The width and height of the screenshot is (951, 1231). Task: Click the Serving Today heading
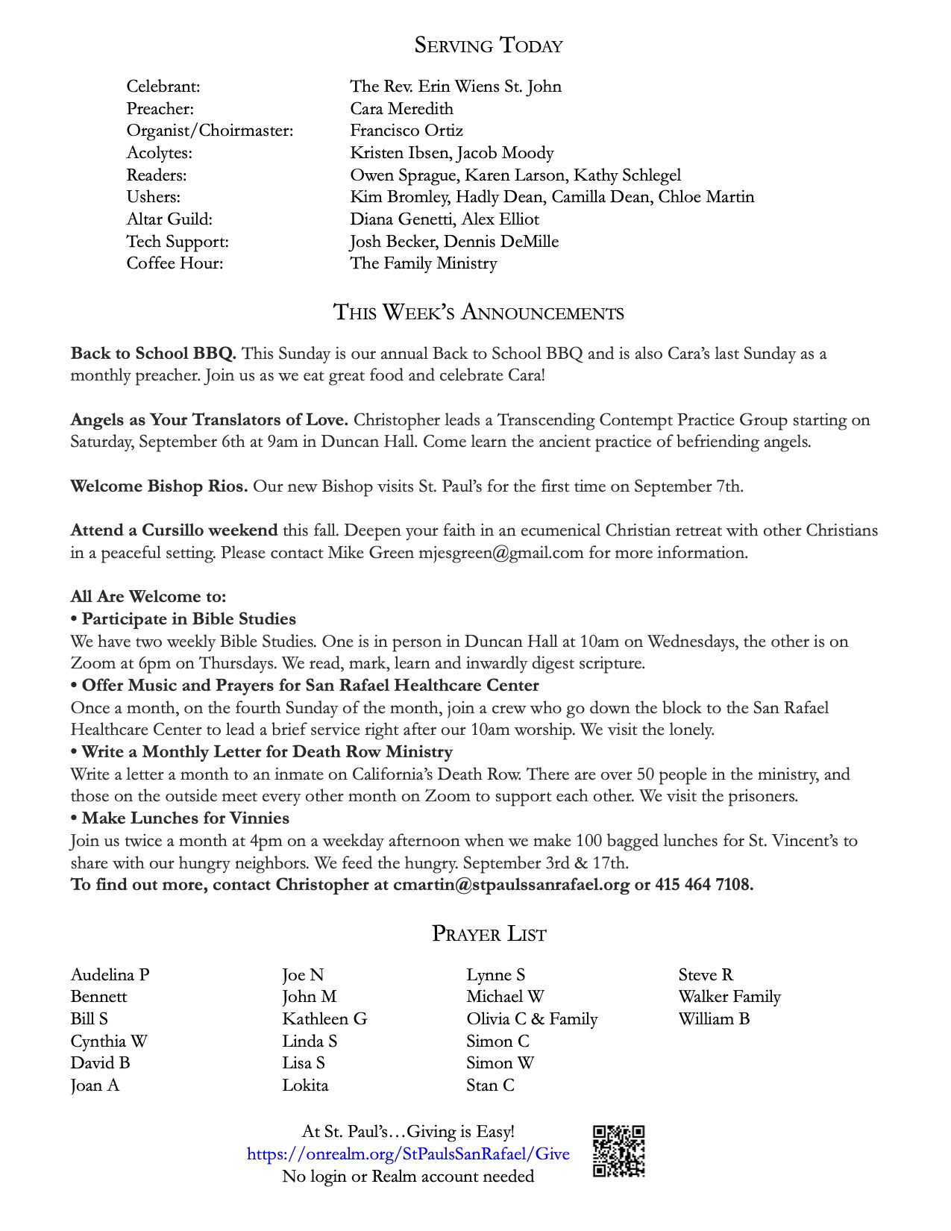489,46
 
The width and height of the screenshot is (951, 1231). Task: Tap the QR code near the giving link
618,1151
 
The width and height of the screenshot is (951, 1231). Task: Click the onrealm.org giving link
408,1154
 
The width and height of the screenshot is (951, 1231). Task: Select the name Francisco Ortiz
407,131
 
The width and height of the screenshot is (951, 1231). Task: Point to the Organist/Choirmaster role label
210,131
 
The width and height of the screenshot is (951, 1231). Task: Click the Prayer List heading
489,934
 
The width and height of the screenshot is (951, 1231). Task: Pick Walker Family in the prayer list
729,997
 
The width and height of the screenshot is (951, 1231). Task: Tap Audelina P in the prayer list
110,974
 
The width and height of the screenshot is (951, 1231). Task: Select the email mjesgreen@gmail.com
500,553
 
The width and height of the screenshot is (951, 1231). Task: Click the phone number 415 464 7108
703,885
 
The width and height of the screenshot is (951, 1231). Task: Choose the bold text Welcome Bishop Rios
159,486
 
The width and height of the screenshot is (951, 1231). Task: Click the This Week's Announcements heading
478,312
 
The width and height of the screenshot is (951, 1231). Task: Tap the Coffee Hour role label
175,263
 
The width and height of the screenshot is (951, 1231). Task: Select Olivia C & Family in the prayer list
532,1019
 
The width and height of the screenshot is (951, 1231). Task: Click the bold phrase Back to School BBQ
153,353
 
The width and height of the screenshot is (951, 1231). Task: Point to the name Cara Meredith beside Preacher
401,109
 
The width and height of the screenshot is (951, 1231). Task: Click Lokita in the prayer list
305,1086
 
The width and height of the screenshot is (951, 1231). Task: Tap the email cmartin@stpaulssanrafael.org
511,885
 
